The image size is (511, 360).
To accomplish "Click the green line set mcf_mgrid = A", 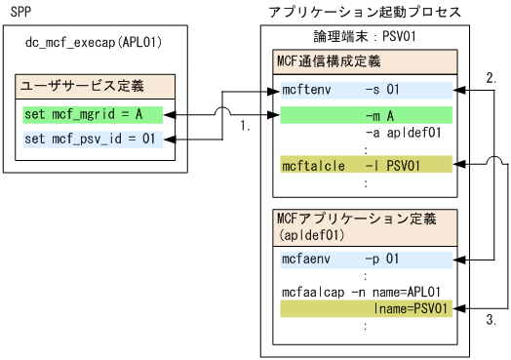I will point(83,114).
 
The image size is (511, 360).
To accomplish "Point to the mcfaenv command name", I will point(305,258).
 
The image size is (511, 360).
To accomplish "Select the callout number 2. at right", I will point(491,75).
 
